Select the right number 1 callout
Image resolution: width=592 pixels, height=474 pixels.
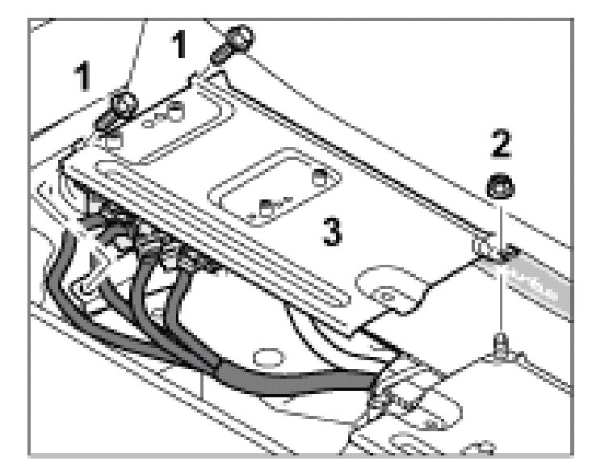(183, 45)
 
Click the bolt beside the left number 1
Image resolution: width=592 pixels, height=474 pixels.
(120, 110)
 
